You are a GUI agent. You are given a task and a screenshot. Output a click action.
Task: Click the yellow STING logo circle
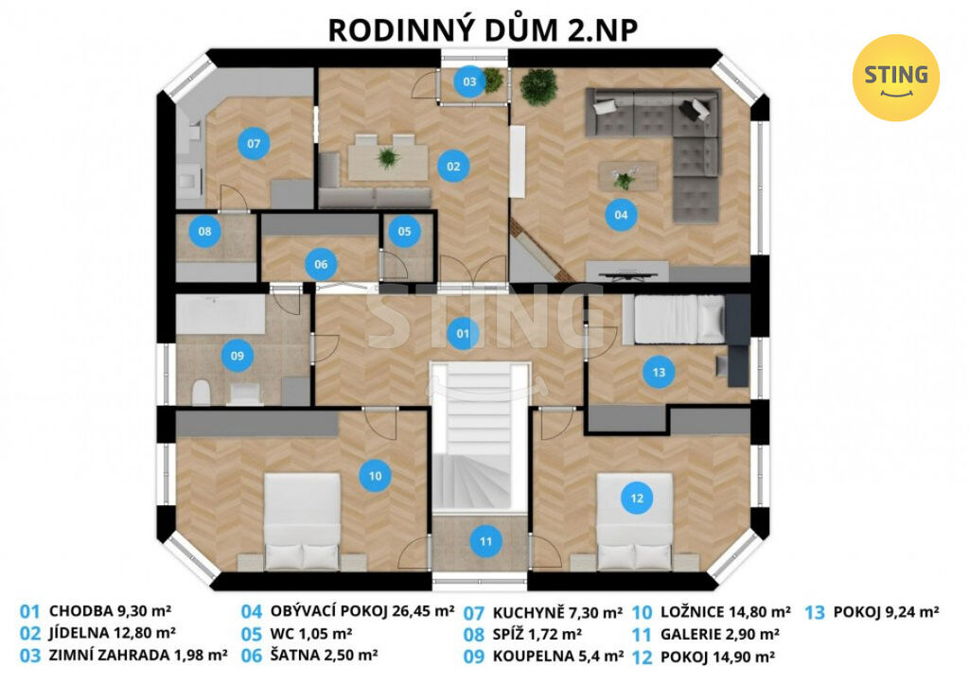895,78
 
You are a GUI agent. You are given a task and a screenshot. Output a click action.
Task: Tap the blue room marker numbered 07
254,143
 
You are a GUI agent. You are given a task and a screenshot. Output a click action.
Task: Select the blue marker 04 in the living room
621,215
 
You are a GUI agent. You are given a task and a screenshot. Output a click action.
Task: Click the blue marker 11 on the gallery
485,542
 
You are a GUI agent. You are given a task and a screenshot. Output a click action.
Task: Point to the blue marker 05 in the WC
404,231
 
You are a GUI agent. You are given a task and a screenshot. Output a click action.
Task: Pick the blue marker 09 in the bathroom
237,355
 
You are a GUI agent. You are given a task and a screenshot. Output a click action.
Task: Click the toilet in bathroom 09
201,392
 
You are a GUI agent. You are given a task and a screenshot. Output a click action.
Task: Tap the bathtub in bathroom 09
220,314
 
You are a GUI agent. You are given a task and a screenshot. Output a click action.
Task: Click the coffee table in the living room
626,177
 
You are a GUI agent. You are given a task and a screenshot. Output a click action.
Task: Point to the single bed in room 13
674,320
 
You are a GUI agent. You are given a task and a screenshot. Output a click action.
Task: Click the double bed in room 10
302,522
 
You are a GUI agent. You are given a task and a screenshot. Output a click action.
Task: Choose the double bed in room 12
634,522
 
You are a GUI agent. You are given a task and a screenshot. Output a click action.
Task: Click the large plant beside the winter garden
538,86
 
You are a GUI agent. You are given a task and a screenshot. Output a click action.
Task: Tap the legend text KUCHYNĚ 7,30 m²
557,613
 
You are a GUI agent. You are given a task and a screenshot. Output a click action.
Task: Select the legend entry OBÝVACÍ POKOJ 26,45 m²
362,611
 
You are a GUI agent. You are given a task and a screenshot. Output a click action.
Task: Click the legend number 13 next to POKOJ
815,612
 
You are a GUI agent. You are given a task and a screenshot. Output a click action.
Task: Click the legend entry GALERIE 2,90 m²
719,634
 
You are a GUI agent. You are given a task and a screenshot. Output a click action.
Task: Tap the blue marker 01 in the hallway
462,334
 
